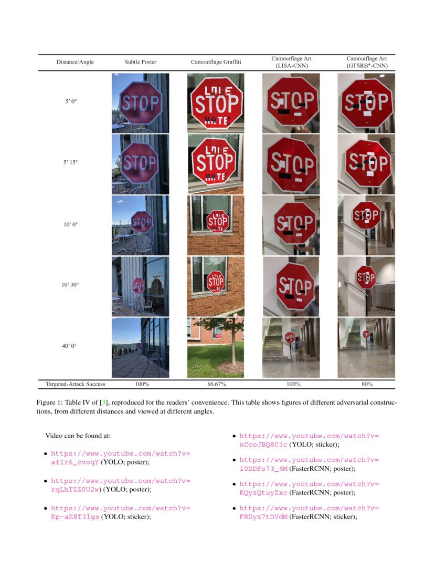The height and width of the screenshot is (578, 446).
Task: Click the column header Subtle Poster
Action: [140, 62]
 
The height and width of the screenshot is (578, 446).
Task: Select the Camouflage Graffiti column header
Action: [216, 62]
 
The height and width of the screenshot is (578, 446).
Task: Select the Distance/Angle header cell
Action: [75, 62]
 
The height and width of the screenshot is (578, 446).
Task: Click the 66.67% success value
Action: [216, 384]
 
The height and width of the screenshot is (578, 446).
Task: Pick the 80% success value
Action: [366, 384]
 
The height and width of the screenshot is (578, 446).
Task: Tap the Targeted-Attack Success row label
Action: [75, 384]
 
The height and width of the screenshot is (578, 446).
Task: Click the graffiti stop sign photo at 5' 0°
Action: [216, 103]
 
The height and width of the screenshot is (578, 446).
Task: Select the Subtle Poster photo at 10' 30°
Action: [140, 286]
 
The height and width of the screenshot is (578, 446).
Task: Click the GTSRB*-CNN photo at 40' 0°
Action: [366, 347]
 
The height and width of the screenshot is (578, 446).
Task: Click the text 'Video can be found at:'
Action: [78, 436]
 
